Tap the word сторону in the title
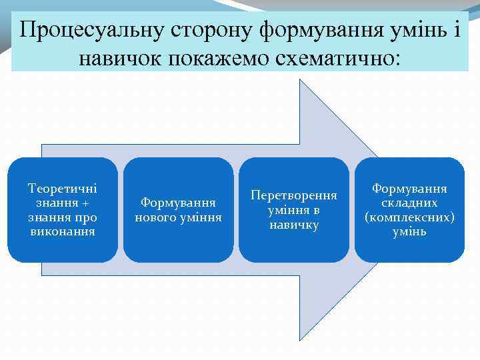(211, 30)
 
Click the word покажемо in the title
(215, 58)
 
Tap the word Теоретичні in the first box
(63, 189)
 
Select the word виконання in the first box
(63, 231)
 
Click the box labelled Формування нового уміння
(179, 210)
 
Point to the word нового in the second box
(155, 217)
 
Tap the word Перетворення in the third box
(294, 196)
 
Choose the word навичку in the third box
(294, 225)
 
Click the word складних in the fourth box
(409, 203)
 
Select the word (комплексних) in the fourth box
(409, 217)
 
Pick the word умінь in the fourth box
(409, 232)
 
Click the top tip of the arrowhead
(299, 79)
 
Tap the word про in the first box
(87, 217)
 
